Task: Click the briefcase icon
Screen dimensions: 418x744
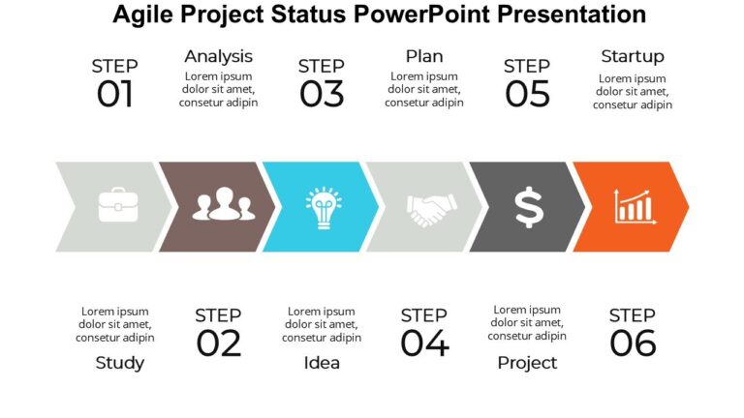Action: [117, 206]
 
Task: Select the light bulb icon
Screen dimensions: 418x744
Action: [323, 206]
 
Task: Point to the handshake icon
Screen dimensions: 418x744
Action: [430, 207]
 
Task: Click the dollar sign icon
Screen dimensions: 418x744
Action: [528, 207]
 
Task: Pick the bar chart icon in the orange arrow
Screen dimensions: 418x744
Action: [631, 206]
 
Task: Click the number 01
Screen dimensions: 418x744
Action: [114, 95]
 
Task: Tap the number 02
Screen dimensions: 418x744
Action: [218, 343]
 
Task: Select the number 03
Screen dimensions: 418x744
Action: [321, 95]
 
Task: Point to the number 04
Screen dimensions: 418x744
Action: [424, 343]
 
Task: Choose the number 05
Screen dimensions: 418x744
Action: [527, 95]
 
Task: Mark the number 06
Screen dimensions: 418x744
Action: [632, 343]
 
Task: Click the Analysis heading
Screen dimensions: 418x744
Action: [218, 56]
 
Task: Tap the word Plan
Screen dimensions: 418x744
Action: [424, 56]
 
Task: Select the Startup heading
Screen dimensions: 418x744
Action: [632, 56]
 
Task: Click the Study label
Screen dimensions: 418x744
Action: [120, 363]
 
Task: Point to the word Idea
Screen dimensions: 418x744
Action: [322, 363]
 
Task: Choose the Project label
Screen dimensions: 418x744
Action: [527, 363]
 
